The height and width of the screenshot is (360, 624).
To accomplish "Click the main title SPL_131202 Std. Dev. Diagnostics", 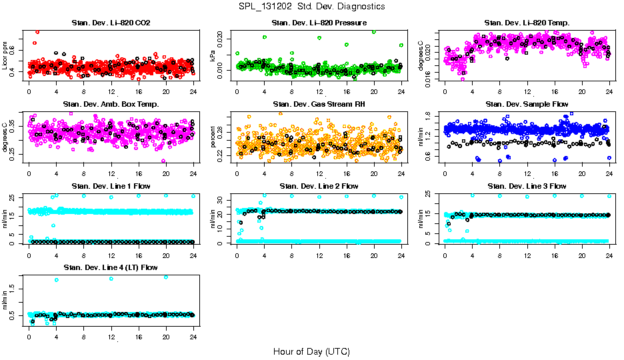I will (x=311, y=6).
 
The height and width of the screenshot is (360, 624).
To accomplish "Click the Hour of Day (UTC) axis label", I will (x=311, y=351).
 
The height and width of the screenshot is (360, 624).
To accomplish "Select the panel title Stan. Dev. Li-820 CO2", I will (x=111, y=23).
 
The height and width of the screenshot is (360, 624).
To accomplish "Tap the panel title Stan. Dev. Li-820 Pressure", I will (x=319, y=23).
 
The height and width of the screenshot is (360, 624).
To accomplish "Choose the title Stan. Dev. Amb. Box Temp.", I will (x=111, y=104).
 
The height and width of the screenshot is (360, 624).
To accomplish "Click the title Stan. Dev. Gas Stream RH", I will (x=319, y=104).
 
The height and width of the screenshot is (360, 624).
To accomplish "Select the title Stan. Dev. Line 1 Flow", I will (x=111, y=186).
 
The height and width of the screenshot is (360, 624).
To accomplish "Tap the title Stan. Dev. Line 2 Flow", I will (x=319, y=186).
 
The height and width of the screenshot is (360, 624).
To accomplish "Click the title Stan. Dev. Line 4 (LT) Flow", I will (x=111, y=267).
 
